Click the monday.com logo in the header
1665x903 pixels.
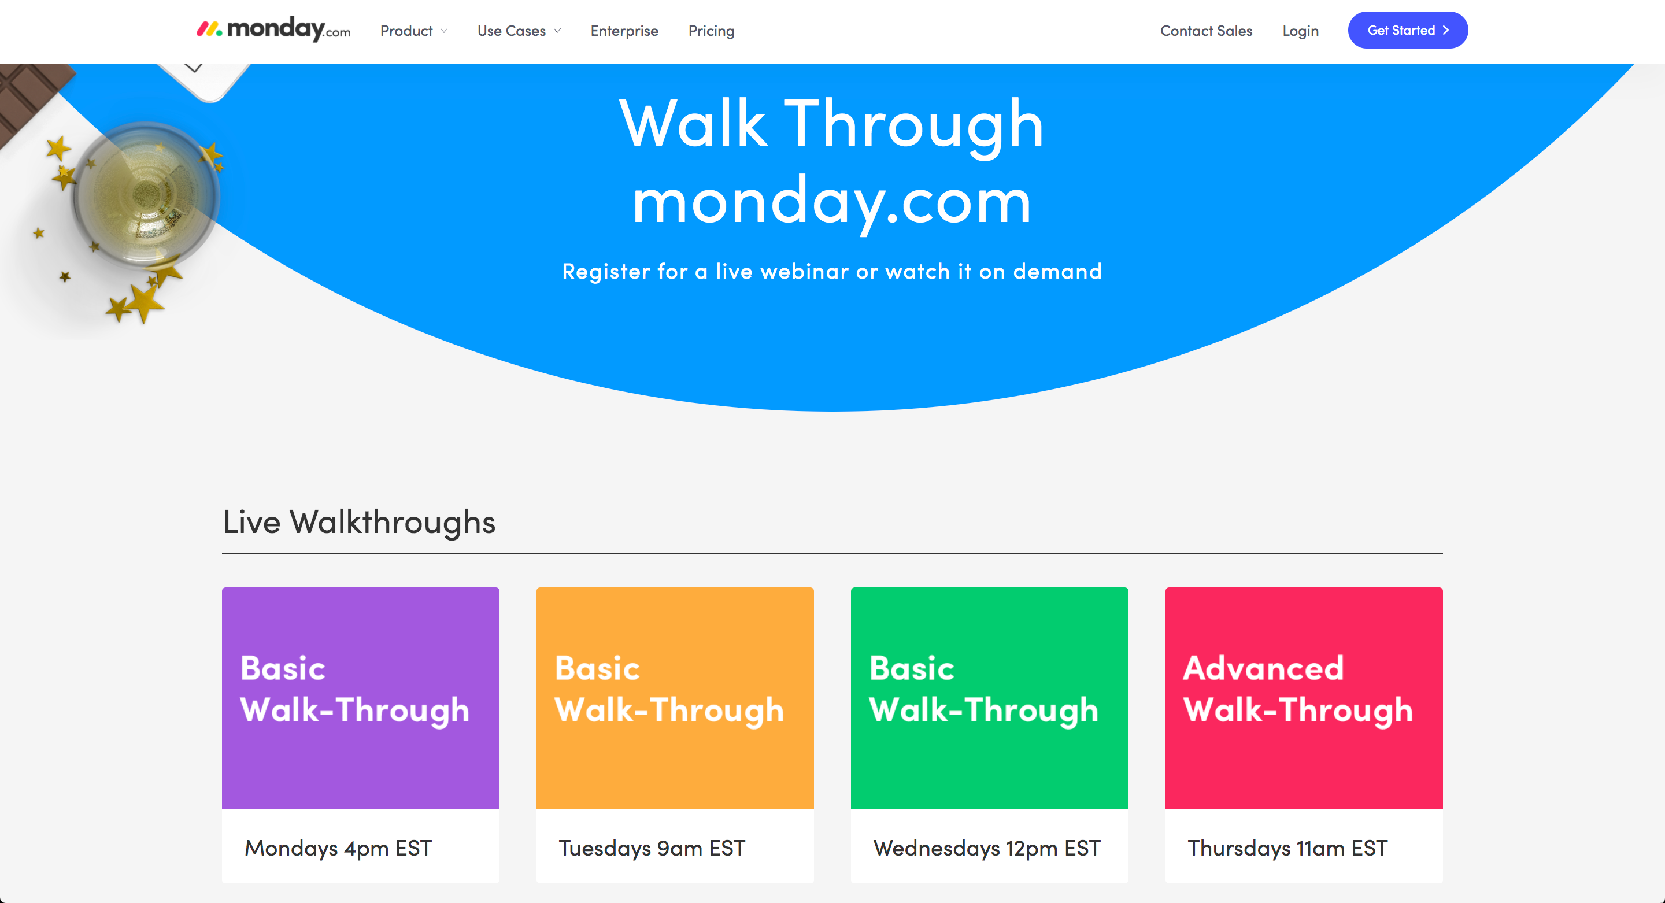273,29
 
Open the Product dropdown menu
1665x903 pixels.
414,31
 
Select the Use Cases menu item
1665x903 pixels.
519,31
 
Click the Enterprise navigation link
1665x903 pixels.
624,31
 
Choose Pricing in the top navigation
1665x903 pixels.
711,31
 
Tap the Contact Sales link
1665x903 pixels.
1206,31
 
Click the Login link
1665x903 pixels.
1300,31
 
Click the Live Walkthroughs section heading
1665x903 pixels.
358,521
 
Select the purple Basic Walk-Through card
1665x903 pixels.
361,698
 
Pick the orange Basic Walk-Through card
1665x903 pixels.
675,698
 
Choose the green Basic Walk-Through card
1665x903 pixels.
990,698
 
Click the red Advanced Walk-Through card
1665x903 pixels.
1304,698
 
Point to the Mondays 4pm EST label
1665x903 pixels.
338,848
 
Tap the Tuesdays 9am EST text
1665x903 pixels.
652,848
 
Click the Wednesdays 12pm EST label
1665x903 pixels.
986,848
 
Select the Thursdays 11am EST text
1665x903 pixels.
1287,848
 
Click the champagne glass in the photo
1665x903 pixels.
146,195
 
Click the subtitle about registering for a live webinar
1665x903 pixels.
832,271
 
